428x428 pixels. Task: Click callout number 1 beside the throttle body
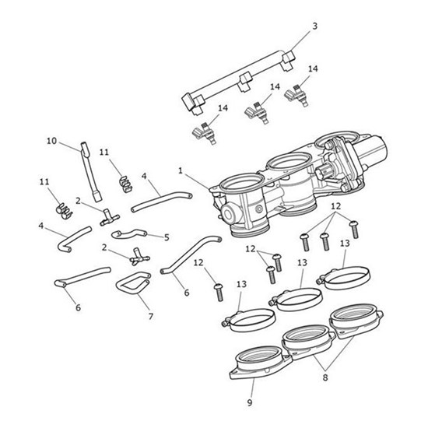pyautogui.click(x=181, y=171)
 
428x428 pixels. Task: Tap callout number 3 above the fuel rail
pyautogui.click(x=314, y=26)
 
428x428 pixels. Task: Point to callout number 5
pyautogui.click(x=167, y=237)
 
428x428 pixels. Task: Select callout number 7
pyautogui.click(x=151, y=317)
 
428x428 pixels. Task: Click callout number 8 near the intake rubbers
pyautogui.click(x=325, y=377)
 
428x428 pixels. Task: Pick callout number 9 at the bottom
pyautogui.click(x=250, y=402)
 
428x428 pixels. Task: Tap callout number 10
pyautogui.click(x=51, y=141)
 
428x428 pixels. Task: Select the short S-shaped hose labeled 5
pyautogui.click(x=129, y=233)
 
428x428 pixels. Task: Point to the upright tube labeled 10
pyautogui.click(x=90, y=172)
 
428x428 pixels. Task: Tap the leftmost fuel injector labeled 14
pyautogui.click(x=205, y=133)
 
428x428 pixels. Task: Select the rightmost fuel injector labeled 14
pyautogui.click(x=296, y=95)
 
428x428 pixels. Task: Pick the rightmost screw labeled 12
pyautogui.click(x=354, y=230)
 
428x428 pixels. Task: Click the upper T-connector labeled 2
pyautogui.click(x=109, y=218)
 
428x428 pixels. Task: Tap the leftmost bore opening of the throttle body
pyautogui.click(x=241, y=182)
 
